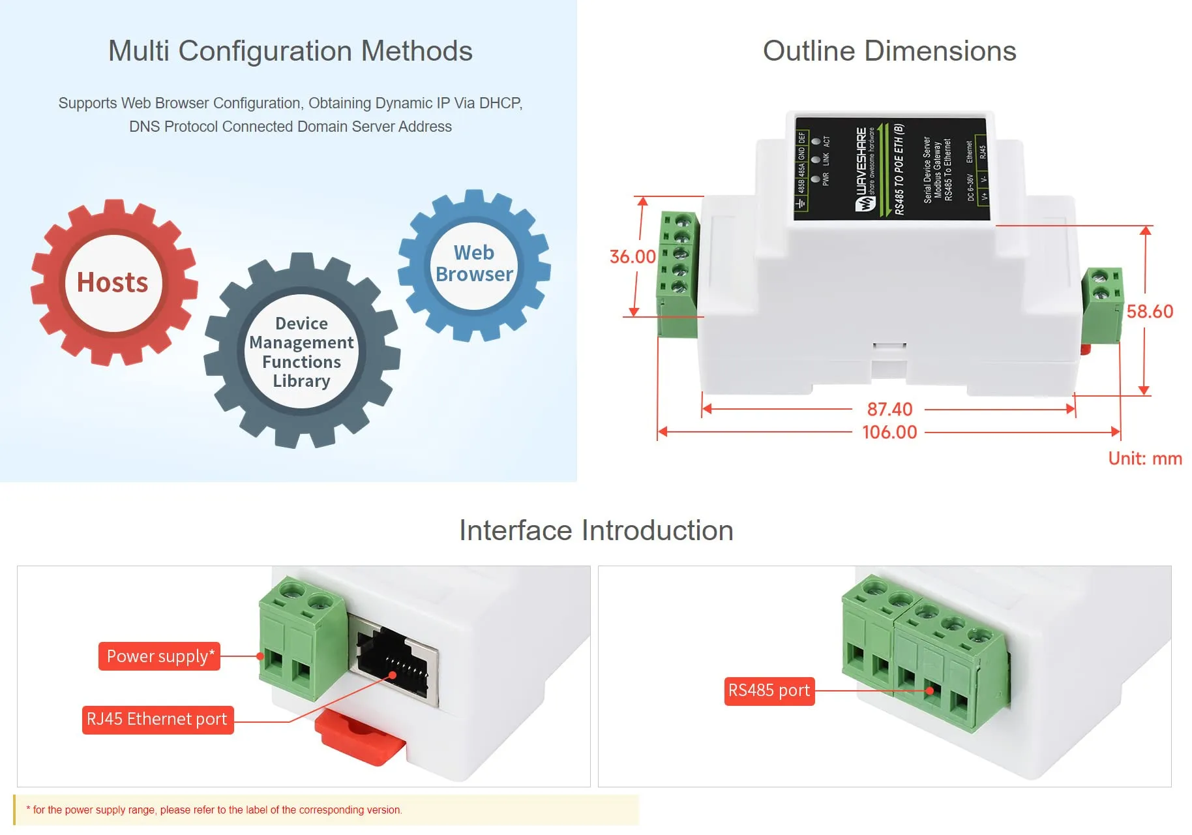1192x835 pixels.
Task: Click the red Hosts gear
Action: click(113, 282)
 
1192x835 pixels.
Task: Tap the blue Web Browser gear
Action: click(474, 264)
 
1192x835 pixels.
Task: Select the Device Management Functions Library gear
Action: click(301, 352)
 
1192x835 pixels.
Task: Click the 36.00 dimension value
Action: click(632, 256)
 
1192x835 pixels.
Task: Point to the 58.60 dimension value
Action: click(1150, 311)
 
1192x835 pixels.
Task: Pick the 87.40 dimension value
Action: click(889, 409)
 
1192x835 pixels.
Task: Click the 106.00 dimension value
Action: click(889, 432)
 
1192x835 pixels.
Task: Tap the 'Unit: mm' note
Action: click(1144, 459)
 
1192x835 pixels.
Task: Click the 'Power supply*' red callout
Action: click(160, 656)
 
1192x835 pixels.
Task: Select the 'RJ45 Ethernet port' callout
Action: click(157, 720)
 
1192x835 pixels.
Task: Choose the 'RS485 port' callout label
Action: click(769, 691)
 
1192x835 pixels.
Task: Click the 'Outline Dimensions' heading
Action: click(889, 51)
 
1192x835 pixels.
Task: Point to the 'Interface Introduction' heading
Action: click(596, 530)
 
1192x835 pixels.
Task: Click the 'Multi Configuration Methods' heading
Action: click(290, 51)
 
